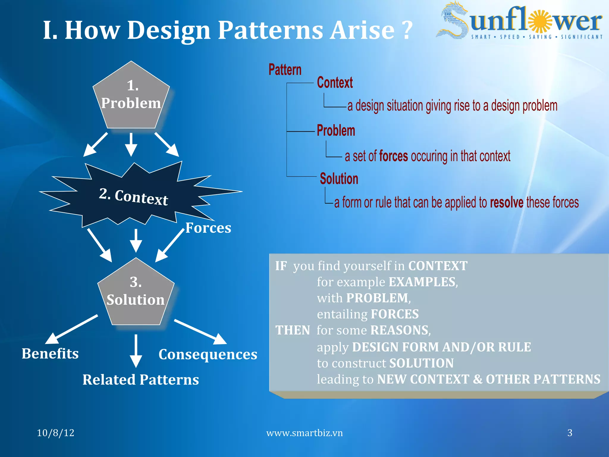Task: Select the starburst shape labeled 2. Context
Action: pyautogui.click(x=134, y=196)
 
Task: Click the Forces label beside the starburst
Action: pyautogui.click(x=208, y=228)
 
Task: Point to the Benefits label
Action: pyautogui.click(x=50, y=354)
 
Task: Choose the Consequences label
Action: pyautogui.click(x=208, y=354)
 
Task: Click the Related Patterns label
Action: pyautogui.click(x=141, y=380)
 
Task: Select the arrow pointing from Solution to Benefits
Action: pyautogui.click(x=71, y=329)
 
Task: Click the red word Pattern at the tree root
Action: pyautogui.click(x=285, y=70)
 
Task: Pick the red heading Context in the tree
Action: pyautogui.click(x=335, y=83)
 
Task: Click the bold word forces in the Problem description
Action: pyautogui.click(x=393, y=156)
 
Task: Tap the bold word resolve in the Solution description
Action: pyautogui.click(x=507, y=203)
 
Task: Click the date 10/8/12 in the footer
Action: pyautogui.click(x=56, y=433)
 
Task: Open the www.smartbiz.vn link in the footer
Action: pyautogui.click(x=304, y=433)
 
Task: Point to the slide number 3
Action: pyautogui.click(x=570, y=433)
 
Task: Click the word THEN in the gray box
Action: pyautogui.click(x=293, y=330)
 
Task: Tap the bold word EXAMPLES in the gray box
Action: pyautogui.click(x=422, y=282)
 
